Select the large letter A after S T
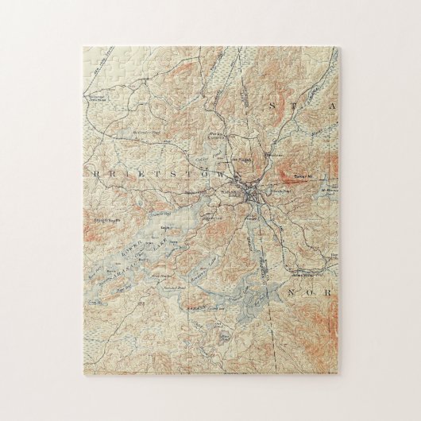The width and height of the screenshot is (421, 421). pos(333,105)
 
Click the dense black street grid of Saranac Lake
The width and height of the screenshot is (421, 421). pos(251,194)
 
